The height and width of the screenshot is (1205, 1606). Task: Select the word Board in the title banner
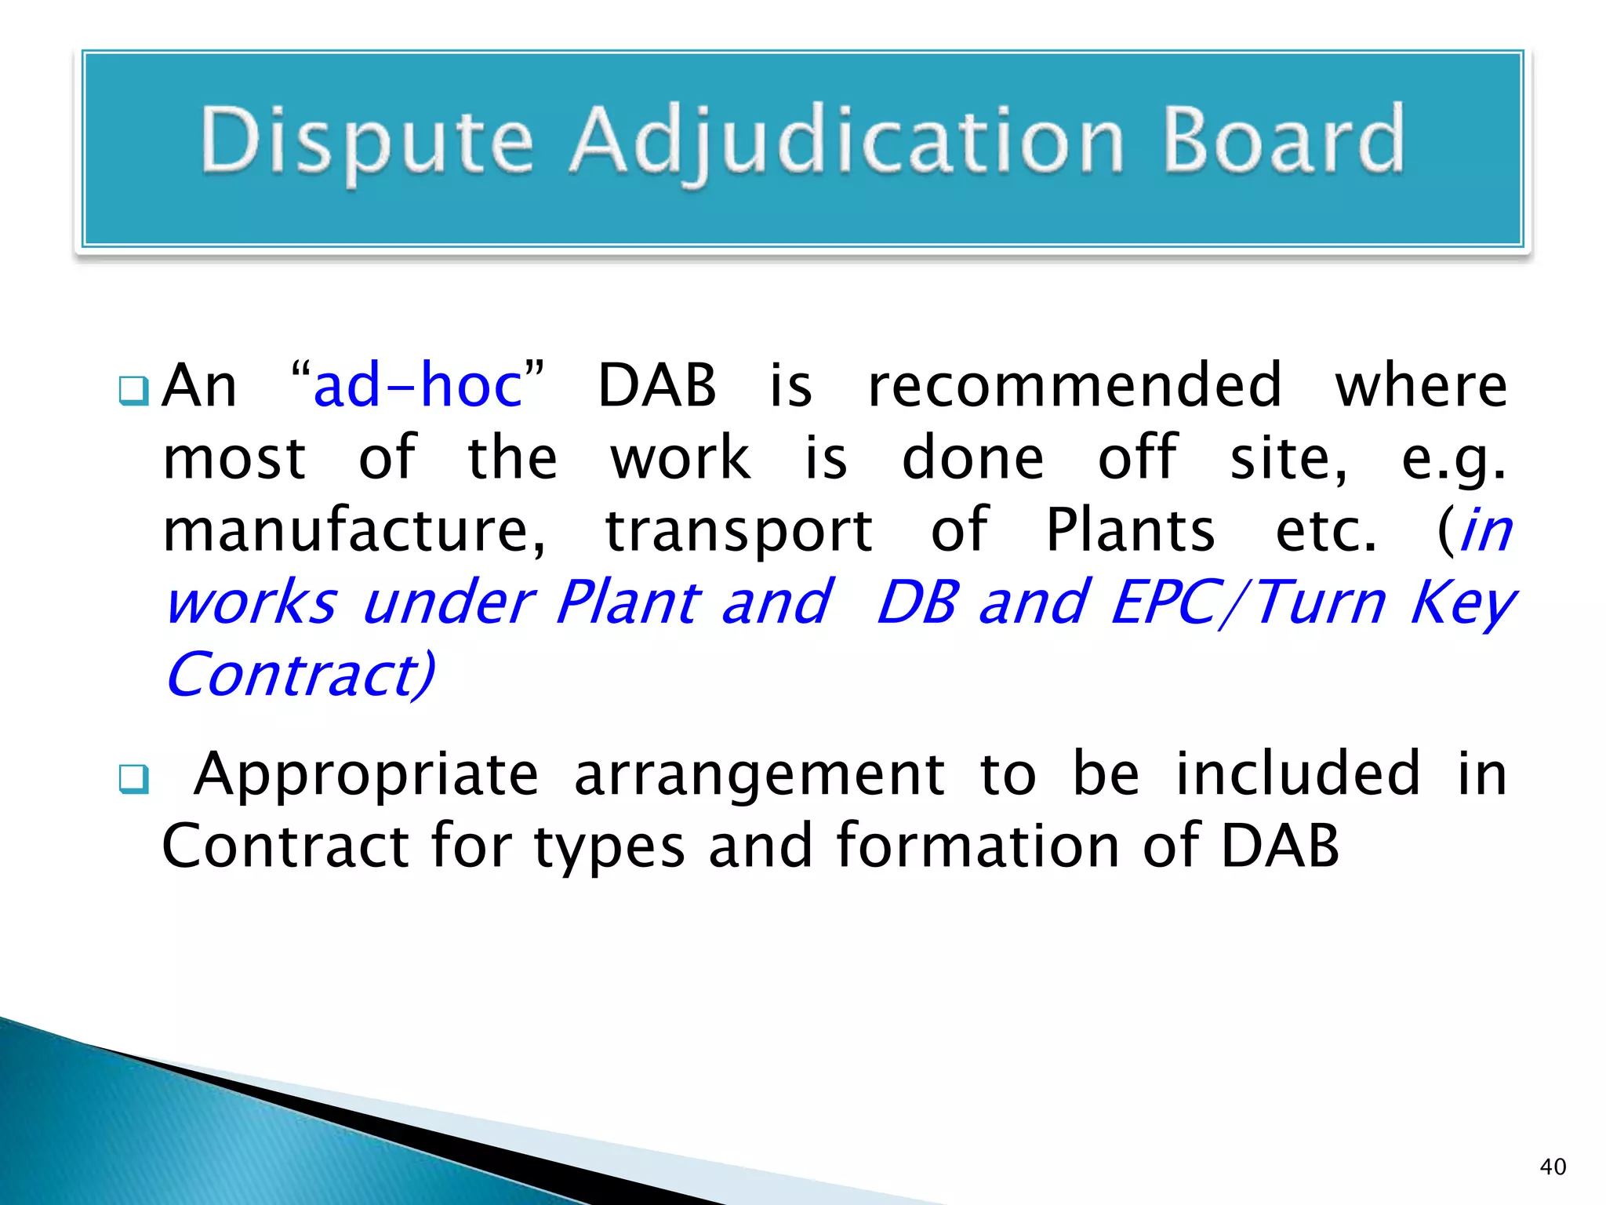(x=1283, y=140)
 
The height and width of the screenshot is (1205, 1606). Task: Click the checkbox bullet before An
(x=133, y=391)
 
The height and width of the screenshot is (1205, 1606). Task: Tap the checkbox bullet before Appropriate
(x=133, y=779)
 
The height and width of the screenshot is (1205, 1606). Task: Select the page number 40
(x=1553, y=1167)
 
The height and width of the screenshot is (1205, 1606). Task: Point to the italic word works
(x=252, y=602)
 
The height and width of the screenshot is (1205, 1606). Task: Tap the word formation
(x=977, y=846)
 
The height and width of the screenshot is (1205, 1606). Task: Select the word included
(x=1297, y=774)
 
